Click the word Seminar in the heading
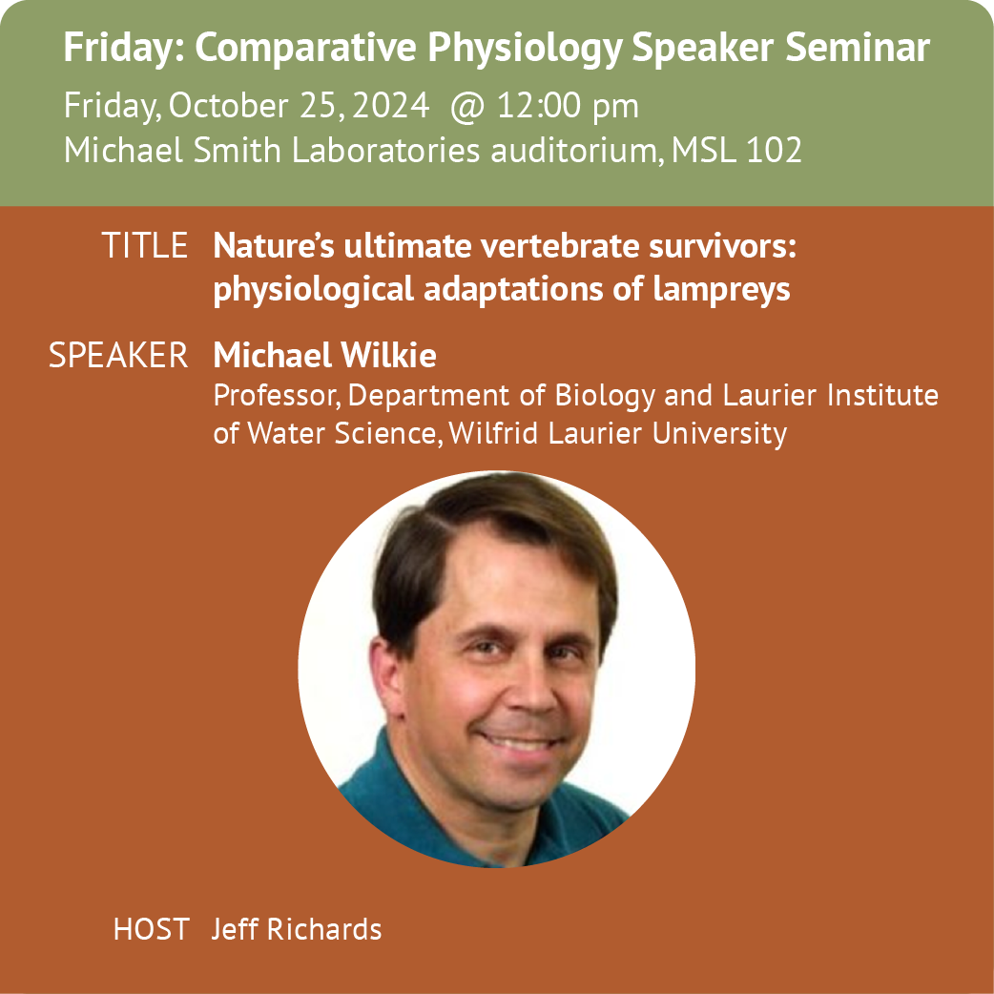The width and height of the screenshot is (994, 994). click(857, 48)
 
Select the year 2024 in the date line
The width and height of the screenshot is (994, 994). click(391, 105)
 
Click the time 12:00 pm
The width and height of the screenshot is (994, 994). click(568, 106)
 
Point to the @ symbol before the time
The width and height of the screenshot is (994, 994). click(467, 107)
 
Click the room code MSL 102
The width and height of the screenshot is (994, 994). click(736, 150)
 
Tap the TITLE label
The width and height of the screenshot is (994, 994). click(145, 245)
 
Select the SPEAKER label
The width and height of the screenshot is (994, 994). click(118, 355)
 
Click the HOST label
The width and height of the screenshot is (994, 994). click(152, 929)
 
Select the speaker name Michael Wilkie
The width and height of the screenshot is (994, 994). click(324, 355)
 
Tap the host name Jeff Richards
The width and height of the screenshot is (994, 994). click(296, 929)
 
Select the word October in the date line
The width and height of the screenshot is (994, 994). click(229, 105)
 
